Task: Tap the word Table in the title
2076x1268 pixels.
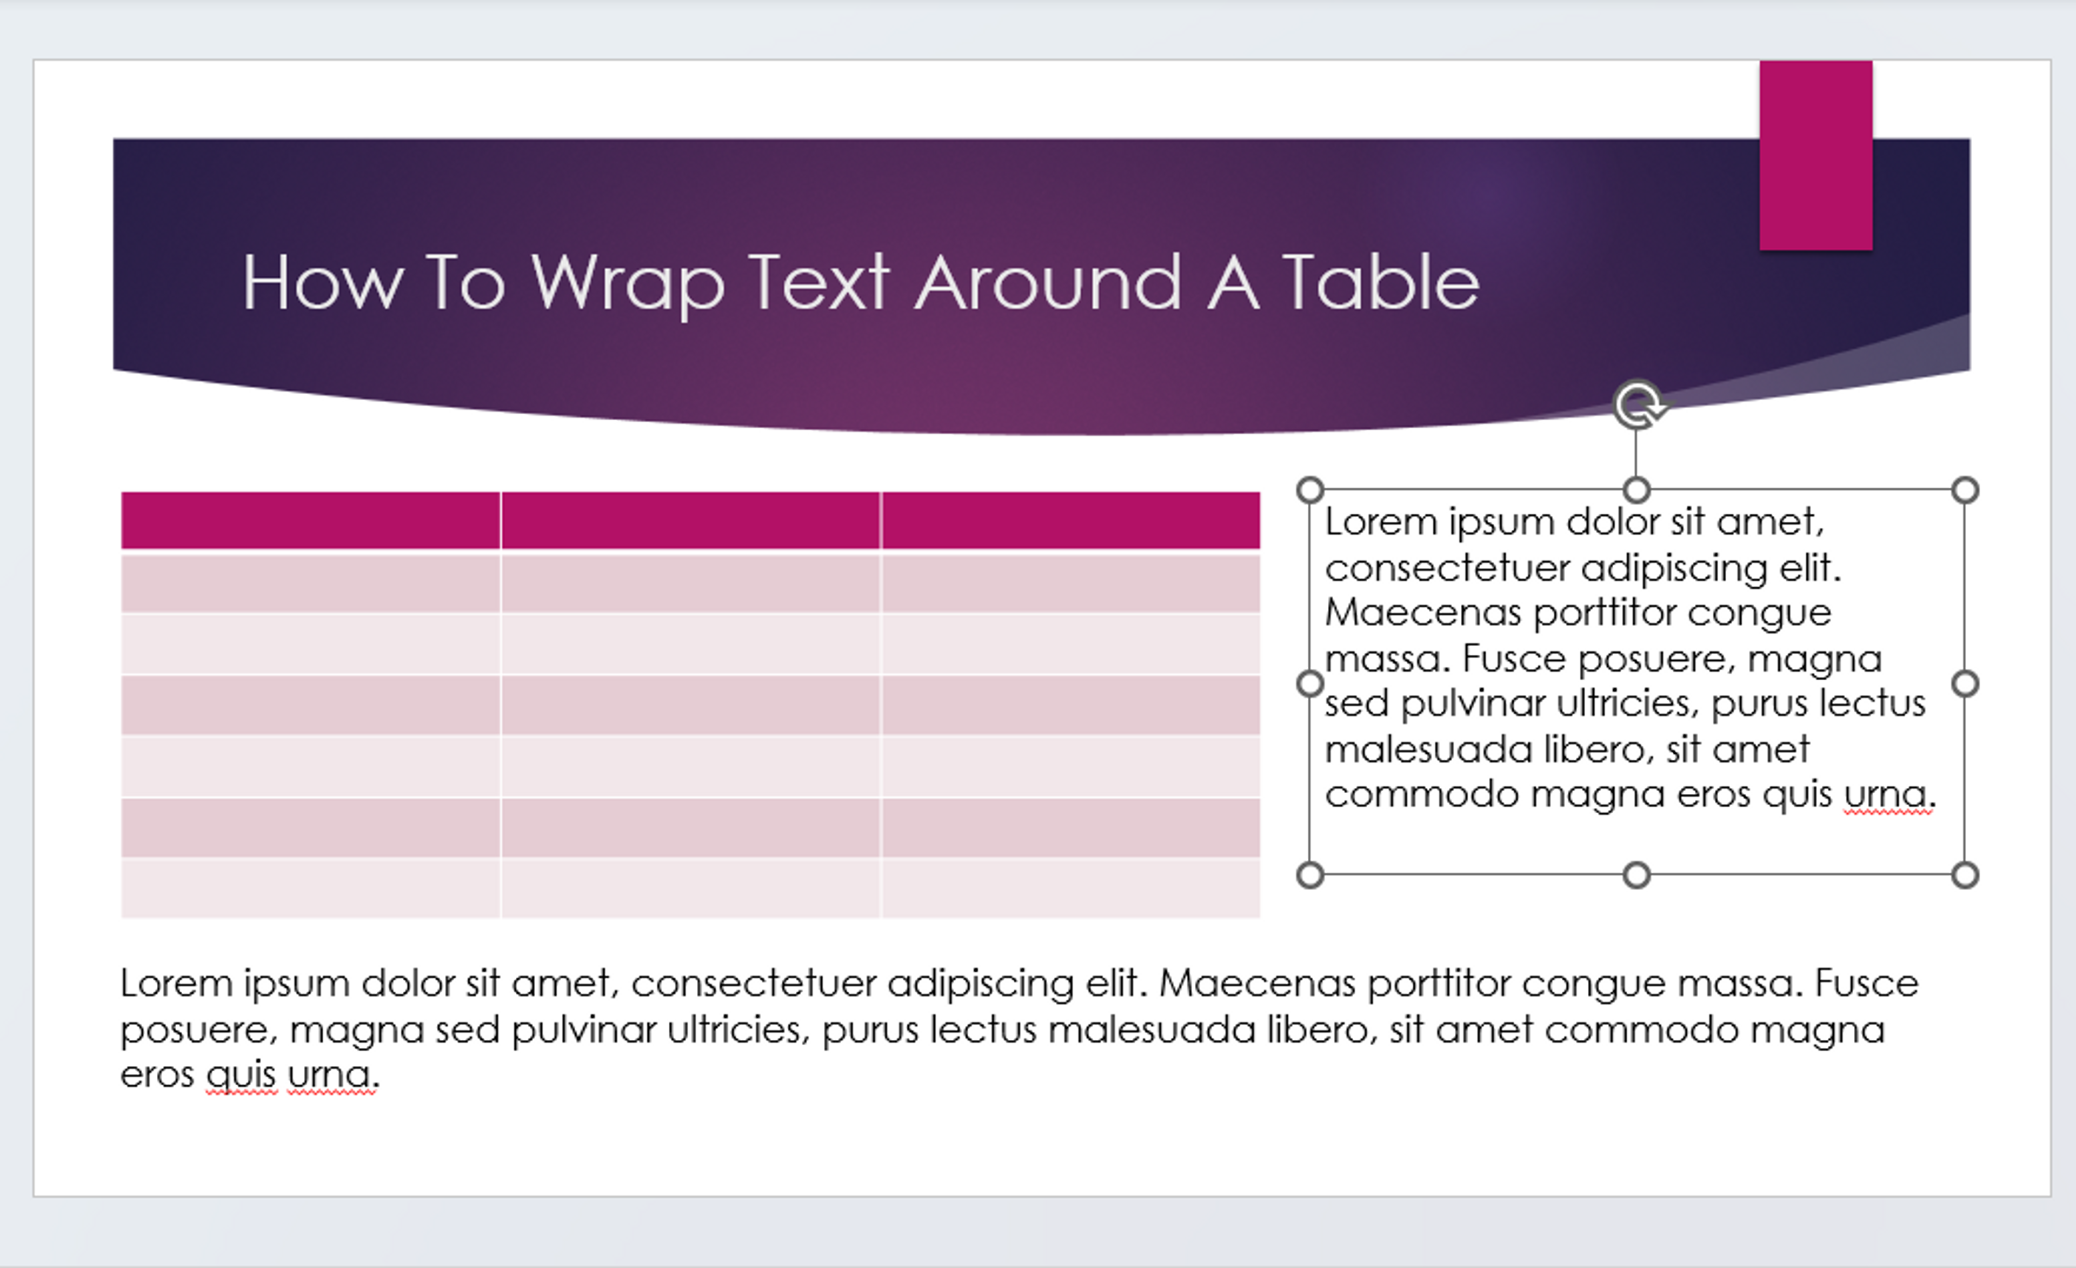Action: tap(1380, 283)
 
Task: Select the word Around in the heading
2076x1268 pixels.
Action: tap(1047, 283)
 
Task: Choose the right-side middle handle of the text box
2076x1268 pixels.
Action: tap(1965, 683)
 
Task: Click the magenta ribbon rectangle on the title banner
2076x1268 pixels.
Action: tap(1815, 155)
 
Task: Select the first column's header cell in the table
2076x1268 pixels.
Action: tap(310, 521)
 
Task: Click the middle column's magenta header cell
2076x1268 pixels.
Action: tap(690, 521)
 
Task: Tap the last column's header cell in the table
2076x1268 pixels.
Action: tap(1070, 521)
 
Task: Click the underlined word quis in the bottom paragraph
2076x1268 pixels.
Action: tap(241, 1075)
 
